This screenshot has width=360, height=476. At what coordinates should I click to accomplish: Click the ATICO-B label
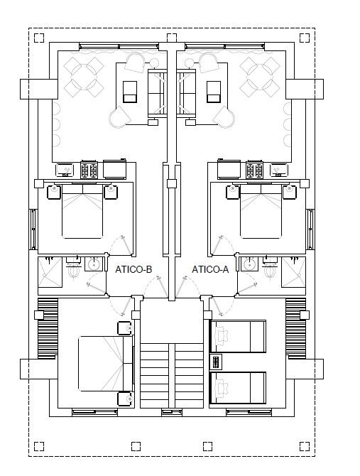(133, 269)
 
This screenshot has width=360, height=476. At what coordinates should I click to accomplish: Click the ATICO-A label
(210, 269)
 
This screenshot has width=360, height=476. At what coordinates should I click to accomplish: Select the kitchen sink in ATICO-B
(65, 170)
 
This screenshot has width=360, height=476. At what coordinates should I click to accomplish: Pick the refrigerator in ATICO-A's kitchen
(229, 169)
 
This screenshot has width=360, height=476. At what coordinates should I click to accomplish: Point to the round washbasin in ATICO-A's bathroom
(250, 264)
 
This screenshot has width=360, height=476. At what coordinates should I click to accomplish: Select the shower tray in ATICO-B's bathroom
(50, 271)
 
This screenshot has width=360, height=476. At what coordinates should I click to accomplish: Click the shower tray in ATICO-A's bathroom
(293, 271)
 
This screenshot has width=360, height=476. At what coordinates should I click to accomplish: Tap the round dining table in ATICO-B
(83, 77)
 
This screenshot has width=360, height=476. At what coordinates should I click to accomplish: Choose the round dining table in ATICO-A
(259, 77)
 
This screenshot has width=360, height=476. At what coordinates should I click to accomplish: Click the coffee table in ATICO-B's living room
(130, 92)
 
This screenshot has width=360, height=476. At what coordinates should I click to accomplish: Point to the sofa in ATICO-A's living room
(186, 93)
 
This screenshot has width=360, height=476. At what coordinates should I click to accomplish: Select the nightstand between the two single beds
(216, 362)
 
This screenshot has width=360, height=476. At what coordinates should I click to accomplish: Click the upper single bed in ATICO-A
(238, 336)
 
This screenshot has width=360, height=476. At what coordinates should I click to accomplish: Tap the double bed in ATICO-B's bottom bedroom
(106, 363)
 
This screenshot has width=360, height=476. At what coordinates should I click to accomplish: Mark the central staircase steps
(172, 375)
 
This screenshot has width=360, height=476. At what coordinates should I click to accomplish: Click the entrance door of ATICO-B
(157, 288)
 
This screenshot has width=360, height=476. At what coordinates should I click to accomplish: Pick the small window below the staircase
(172, 412)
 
